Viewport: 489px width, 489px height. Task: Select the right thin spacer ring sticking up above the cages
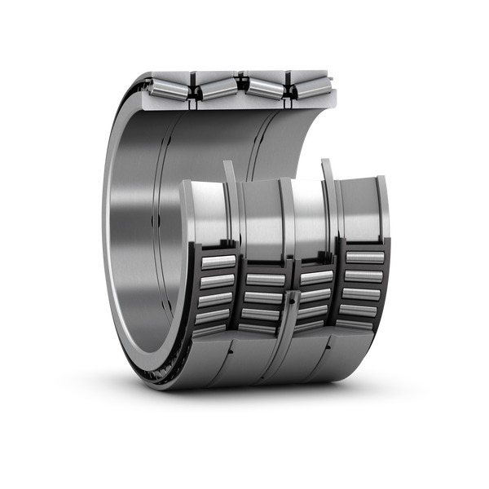click(327, 166)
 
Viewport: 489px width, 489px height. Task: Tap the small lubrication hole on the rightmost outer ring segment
click(328, 346)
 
